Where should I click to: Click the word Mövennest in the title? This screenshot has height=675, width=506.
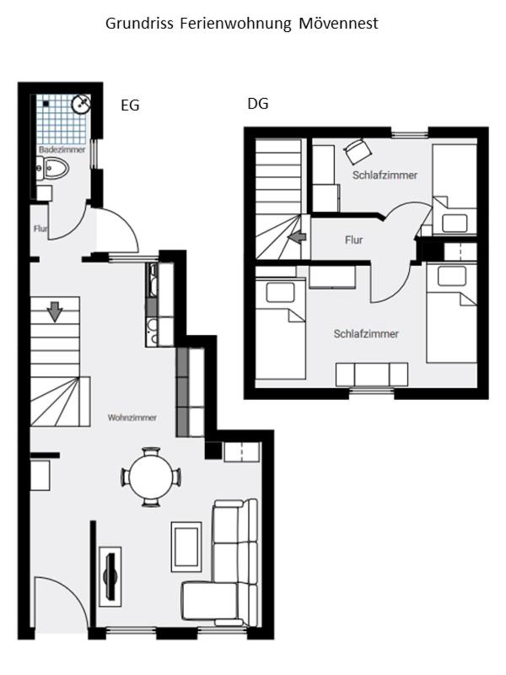click(338, 24)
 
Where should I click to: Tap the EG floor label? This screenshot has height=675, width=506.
click(130, 105)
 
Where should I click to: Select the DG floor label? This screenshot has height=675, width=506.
click(258, 103)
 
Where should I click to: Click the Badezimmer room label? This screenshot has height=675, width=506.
click(62, 149)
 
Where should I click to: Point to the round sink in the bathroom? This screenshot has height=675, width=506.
click(81, 103)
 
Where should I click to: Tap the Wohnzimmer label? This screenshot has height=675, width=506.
click(132, 417)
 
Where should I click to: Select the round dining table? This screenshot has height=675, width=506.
click(151, 477)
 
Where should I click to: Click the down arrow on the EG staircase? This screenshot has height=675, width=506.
click(55, 312)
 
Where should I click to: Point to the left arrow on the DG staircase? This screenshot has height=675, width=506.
click(297, 236)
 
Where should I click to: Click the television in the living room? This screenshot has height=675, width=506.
click(110, 576)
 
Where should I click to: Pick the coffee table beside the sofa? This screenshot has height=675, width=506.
click(186, 547)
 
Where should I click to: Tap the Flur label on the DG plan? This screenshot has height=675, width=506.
click(353, 240)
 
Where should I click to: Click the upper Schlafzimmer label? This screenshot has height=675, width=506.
click(385, 175)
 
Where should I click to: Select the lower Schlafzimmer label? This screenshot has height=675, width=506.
click(366, 333)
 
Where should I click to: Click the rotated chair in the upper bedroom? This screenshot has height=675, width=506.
click(358, 151)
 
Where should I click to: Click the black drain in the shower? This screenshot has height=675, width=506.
click(46, 104)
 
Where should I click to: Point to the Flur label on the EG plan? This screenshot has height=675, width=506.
click(40, 229)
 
